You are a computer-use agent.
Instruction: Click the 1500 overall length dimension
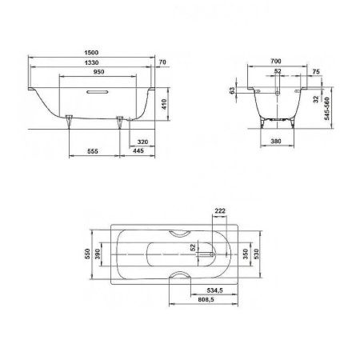tap(91, 53)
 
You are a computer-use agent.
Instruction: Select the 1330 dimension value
tap(91, 62)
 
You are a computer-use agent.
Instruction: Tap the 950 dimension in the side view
tap(98, 72)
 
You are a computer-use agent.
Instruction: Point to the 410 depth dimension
tap(164, 104)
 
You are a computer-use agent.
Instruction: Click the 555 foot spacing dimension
tap(93, 151)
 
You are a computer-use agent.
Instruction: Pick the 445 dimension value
tap(138, 151)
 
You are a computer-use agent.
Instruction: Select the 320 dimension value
tap(142, 142)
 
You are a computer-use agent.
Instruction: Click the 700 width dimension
tap(276, 61)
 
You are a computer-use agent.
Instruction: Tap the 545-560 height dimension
tap(327, 109)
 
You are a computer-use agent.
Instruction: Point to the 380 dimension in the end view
tap(276, 141)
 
